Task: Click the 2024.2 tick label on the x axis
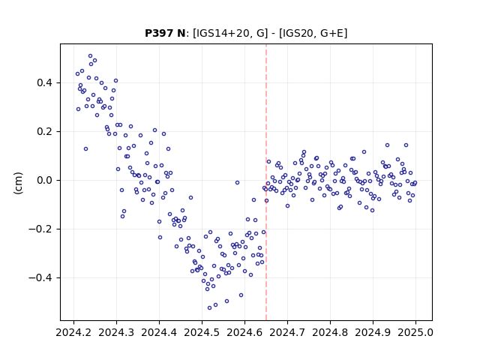(73, 332)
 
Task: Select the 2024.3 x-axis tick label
(116, 332)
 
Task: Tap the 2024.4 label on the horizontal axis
(159, 332)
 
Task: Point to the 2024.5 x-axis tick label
(202, 332)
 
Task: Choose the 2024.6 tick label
(244, 332)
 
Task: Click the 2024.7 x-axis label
(287, 332)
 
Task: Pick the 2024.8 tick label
(330, 332)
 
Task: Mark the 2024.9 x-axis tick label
(373, 332)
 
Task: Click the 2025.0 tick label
(415, 332)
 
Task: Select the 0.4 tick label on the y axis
(45, 83)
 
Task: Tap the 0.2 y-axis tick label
(45, 132)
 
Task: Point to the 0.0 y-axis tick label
(45, 180)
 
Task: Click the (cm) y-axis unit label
(18, 183)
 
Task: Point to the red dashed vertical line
(266, 182)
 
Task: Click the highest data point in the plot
(90, 56)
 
